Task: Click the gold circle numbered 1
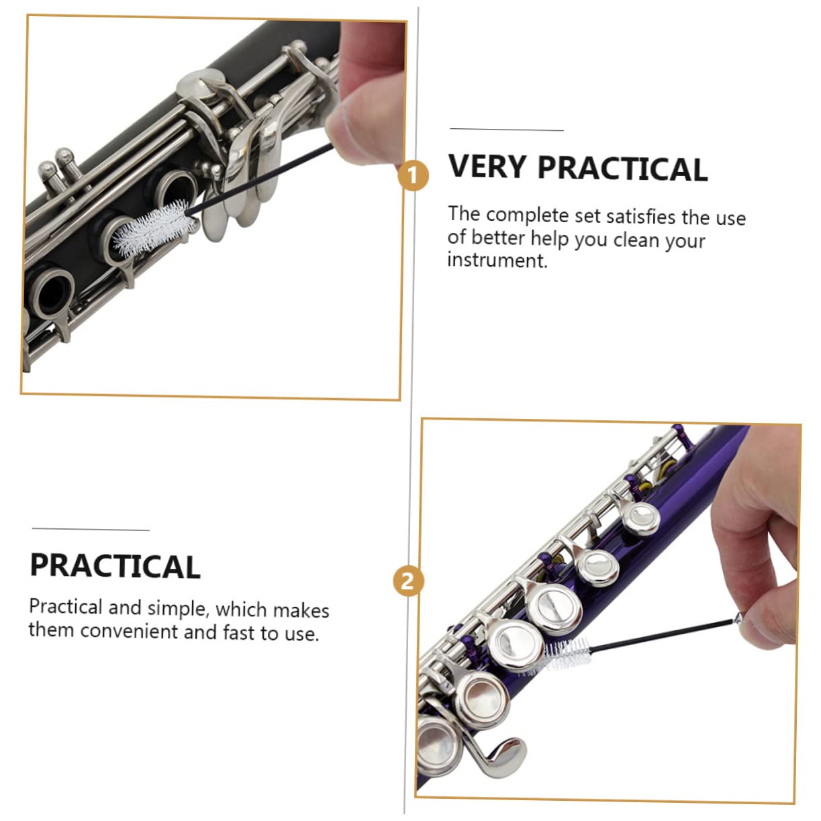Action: click(x=413, y=177)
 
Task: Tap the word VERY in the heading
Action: click(x=487, y=166)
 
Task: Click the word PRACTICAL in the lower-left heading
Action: click(x=115, y=567)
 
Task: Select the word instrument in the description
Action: click(x=497, y=260)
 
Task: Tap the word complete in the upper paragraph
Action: click(x=527, y=215)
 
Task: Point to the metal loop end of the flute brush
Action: click(x=739, y=619)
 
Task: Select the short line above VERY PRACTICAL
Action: click(x=506, y=130)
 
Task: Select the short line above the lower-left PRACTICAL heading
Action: click(x=91, y=530)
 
